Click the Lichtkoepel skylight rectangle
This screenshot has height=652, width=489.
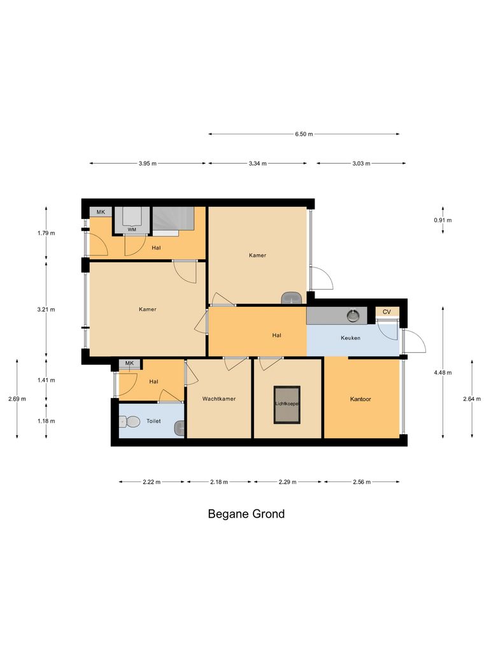(x=287, y=404)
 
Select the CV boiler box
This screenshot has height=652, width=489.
(x=386, y=312)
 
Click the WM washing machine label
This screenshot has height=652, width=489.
(x=132, y=229)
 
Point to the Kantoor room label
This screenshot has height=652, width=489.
(x=360, y=399)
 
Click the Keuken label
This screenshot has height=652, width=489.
(x=350, y=338)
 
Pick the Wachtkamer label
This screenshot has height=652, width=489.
(x=219, y=399)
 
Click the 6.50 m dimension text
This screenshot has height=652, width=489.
(x=304, y=134)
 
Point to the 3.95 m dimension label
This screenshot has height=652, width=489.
(x=148, y=164)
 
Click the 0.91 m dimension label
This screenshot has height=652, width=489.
(x=442, y=220)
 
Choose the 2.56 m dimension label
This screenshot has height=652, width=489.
(x=362, y=482)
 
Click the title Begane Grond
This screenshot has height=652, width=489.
(x=246, y=514)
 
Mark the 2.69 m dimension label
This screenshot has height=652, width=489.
(x=17, y=399)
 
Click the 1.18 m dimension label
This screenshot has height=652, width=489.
(x=46, y=421)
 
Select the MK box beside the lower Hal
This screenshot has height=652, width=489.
(x=130, y=364)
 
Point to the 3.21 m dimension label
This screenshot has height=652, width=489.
(x=46, y=310)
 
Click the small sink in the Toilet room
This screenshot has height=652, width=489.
(x=181, y=427)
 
